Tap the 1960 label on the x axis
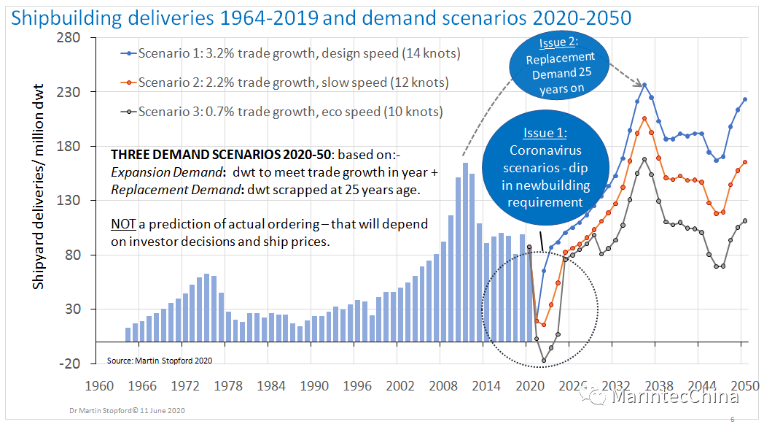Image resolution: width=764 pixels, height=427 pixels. click(100, 385)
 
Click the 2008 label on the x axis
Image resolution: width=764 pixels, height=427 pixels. click(443, 385)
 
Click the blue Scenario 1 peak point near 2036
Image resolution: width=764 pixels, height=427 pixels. click(644, 85)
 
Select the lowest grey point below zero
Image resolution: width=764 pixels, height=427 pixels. click(543, 361)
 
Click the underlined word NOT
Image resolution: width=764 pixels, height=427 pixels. click(122, 224)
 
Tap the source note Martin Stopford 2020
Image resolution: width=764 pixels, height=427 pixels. click(159, 361)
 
